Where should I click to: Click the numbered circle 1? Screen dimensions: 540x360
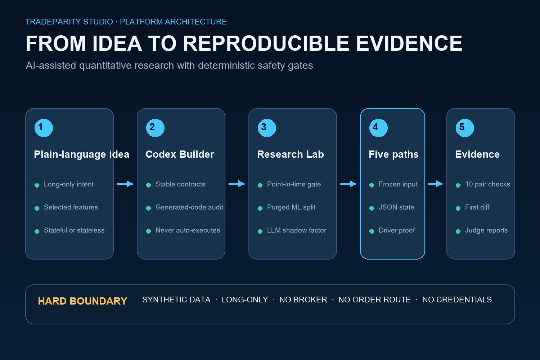[44, 128]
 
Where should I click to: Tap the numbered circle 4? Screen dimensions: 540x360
[378, 128]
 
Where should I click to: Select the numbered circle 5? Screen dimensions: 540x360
[465, 128]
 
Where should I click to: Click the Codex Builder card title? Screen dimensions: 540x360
[180, 154]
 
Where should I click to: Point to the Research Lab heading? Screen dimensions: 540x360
[291, 154]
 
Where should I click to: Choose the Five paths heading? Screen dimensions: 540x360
[394, 154]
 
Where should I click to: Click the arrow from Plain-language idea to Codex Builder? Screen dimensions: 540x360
[125, 184]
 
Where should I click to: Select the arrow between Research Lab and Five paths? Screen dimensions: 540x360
[348, 184]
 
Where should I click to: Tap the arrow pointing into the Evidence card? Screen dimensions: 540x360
[435, 184]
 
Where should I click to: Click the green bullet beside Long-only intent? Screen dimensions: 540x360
[37, 185]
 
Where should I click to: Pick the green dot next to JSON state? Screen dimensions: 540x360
[372, 208]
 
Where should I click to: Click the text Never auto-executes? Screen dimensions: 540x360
[188, 230]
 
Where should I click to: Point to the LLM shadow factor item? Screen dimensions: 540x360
[297, 230]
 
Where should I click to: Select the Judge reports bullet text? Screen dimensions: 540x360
[486, 230]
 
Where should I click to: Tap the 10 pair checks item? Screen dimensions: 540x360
[488, 184]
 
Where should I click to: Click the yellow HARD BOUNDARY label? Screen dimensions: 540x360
[82, 301]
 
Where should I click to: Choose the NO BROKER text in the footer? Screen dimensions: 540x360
[303, 300]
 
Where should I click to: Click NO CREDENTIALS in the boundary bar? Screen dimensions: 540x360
[457, 300]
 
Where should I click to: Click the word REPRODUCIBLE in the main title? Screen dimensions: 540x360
[266, 44]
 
